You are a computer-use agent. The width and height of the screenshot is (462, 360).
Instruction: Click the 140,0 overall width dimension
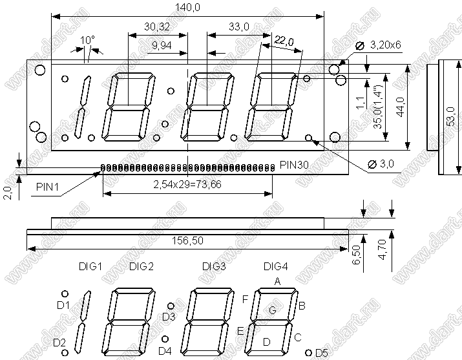click(187, 7)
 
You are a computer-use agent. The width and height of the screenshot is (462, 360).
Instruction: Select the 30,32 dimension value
click(157, 26)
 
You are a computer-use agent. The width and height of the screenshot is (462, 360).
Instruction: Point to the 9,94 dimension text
click(162, 45)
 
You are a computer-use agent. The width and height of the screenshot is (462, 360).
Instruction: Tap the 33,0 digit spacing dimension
click(239, 26)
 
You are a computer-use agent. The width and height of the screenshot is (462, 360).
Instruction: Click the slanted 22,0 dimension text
click(284, 41)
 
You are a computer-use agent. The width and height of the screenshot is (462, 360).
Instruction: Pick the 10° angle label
click(87, 40)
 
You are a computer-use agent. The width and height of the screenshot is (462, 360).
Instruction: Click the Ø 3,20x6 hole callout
click(378, 45)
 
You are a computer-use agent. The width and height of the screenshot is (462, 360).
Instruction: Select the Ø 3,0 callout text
click(381, 164)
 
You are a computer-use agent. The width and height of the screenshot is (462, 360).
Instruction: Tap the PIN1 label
click(47, 187)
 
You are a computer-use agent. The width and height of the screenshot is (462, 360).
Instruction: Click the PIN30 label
click(294, 165)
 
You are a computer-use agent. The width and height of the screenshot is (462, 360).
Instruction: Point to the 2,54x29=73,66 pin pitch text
click(187, 184)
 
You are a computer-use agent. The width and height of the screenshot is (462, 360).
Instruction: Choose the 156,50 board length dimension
click(187, 240)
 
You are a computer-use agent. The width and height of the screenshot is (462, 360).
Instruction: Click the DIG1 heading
click(90, 266)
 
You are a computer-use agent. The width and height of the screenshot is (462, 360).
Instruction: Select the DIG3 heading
click(214, 266)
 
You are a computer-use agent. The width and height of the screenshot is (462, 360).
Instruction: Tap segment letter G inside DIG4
click(273, 310)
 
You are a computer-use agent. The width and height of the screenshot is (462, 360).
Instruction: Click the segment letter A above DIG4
click(277, 282)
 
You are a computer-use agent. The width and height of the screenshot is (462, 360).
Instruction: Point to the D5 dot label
click(321, 353)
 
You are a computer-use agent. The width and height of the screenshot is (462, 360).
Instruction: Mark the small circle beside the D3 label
click(171, 306)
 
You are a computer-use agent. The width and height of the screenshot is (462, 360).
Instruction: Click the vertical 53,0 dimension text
click(452, 117)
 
